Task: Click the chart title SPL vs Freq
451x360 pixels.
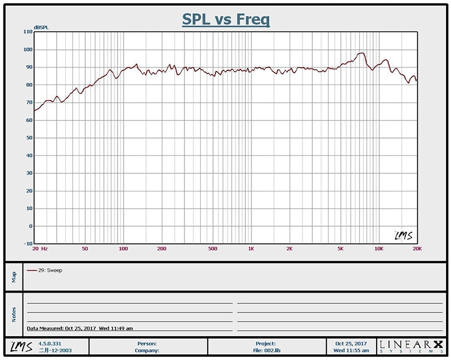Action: (x=226, y=19)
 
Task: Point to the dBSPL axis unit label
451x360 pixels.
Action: (x=41, y=27)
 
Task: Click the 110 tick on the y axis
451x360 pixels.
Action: (x=28, y=32)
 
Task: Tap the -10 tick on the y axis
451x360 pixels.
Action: (x=28, y=244)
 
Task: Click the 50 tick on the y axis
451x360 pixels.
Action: (x=29, y=138)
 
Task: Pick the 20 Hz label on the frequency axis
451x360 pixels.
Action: (x=40, y=249)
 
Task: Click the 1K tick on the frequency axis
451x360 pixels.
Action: (x=251, y=249)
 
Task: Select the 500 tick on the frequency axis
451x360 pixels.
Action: (x=212, y=249)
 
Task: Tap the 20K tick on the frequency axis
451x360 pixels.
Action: (x=417, y=249)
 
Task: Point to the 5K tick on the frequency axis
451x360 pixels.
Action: (x=341, y=249)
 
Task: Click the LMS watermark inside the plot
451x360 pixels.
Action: (x=402, y=235)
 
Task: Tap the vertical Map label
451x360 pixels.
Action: (x=14, y=277)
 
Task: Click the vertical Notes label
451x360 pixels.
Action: (x=14, y=313)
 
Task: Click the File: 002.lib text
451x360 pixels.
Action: (x=265, y=350)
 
